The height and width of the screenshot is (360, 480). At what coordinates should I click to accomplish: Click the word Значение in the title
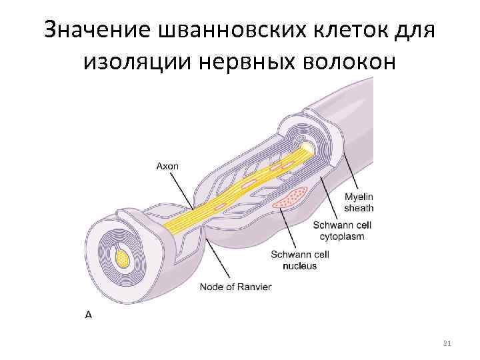coord(97,29)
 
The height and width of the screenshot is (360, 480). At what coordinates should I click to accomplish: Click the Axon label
coord(167,166)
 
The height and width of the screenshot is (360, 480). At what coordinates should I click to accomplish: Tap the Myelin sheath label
coord(359,202)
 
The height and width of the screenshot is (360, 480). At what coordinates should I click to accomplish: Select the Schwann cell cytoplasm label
coord(342,231)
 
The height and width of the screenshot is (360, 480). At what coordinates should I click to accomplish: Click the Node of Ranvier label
coord(236,288)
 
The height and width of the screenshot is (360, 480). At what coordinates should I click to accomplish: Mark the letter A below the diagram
coord(89,313)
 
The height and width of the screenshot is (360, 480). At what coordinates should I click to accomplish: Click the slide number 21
coord(447,343)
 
